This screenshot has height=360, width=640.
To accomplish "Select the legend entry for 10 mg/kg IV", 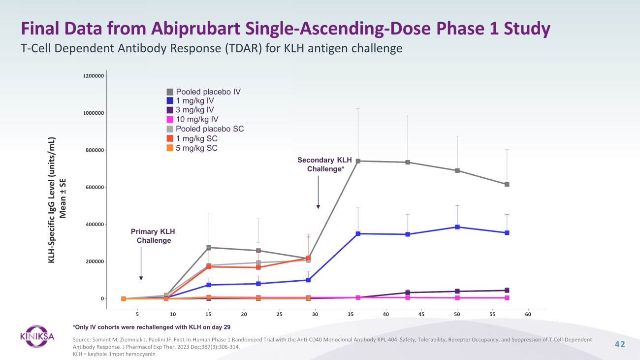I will [x=193, y=119].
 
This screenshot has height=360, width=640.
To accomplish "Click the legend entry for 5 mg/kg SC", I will [x=192, y=148].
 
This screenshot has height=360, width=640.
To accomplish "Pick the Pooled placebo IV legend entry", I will [x=204, y=92].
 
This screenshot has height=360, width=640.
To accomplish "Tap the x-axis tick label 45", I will [x=421, y=314].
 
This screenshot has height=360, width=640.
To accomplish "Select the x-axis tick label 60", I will [x=528, y=314].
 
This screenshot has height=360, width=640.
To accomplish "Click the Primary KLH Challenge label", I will [x=153, y=236].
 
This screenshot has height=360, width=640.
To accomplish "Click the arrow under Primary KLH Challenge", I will [x=141, y=263].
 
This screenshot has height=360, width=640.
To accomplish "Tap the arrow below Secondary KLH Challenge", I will [x=318, y=192].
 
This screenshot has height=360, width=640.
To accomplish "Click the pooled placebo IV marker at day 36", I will [x=358, y=161].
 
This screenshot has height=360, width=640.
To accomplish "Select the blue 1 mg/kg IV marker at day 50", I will [x=457, y=227].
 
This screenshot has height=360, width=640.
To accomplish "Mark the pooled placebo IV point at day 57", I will [x=507, y=184].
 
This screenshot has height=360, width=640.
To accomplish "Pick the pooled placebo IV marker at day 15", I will [x=209, y=247].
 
